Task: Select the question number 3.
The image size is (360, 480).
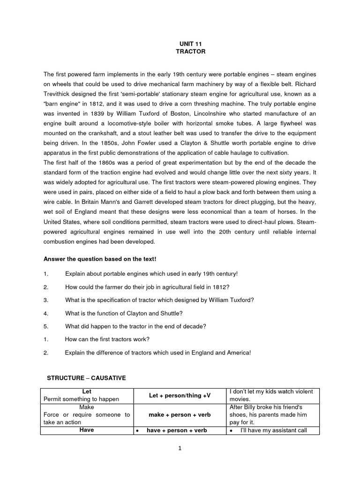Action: tap(45, 300)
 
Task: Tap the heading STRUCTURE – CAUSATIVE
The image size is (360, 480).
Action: tap(86, 378)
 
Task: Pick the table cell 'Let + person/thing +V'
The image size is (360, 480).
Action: tap(180, 396)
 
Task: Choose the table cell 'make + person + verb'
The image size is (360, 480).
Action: tap(180, 415)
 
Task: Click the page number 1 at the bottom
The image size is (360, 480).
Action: tap(180, 448)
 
